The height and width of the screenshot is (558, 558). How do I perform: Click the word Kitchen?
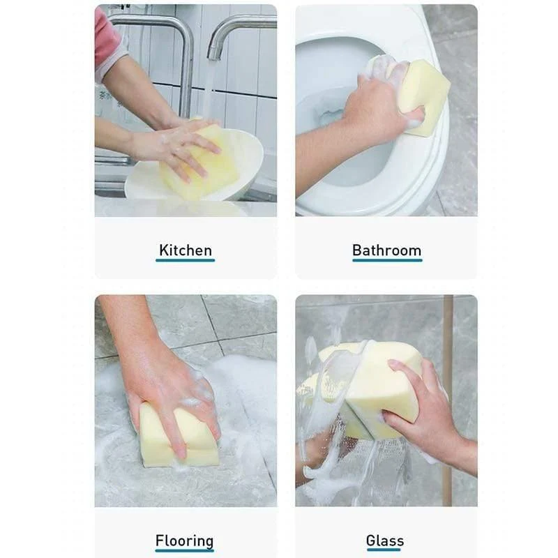tap(186, 250)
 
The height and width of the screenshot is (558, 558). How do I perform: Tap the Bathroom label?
tap(387, 250)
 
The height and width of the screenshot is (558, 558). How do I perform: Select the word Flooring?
tap(184, 541)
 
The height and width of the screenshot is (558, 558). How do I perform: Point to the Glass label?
tap(385, 541)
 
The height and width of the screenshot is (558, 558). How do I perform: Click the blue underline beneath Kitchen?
tap(185, 260)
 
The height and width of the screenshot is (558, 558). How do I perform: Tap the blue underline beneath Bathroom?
tap(387, 260)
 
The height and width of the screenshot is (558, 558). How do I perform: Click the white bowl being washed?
tap(199, 171)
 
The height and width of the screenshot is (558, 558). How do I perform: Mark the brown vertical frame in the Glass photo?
tap(447, 400)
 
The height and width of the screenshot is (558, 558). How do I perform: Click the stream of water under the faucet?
tap(210, 89)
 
